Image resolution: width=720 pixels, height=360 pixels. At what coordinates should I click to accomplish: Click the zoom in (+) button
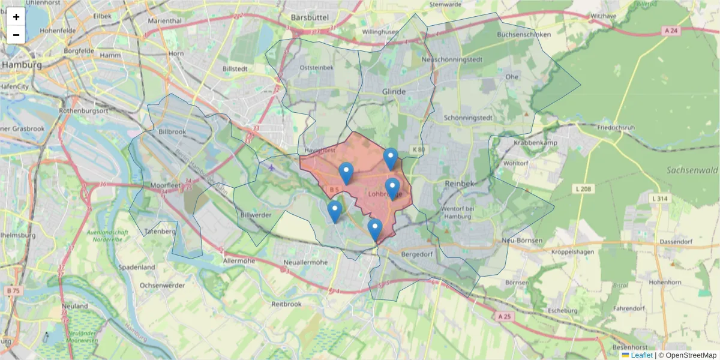point(16,17)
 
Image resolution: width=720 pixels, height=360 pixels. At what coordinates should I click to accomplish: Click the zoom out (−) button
point(16,35)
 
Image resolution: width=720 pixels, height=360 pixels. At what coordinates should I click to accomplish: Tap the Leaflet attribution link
point(641,355)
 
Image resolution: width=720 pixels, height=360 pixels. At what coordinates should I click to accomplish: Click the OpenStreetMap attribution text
point(691,355)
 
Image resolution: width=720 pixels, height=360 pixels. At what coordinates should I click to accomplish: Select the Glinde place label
point(394,91)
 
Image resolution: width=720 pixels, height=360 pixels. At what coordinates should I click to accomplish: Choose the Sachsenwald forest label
point(692,170)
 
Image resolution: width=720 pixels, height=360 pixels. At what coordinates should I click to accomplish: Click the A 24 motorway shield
point(672,31)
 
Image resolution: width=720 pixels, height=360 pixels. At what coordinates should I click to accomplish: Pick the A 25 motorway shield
point(505,316)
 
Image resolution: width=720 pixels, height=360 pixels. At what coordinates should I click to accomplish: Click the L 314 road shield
point(660,198)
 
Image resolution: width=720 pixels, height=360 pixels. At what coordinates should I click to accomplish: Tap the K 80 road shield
point(418,149)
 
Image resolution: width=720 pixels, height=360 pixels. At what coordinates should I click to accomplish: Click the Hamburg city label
point(22,65)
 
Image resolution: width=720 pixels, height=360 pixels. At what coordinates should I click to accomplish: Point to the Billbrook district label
point(173,131)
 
